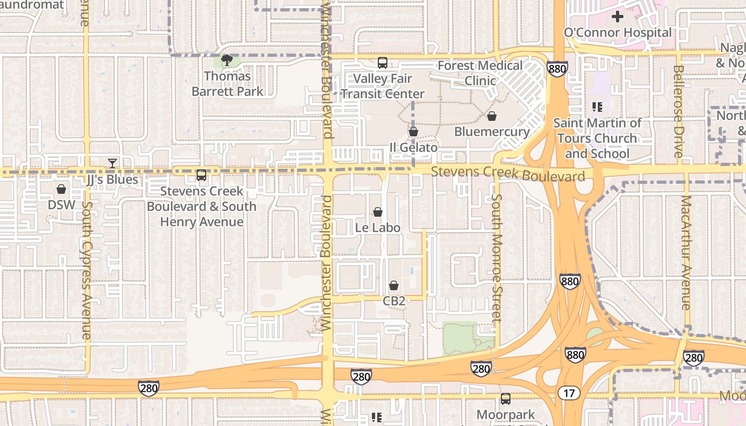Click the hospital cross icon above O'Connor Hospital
click(617, 17)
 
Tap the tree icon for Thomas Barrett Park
click(227, 60)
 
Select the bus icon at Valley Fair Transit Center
click(382, 63)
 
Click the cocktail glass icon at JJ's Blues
click(112, 163)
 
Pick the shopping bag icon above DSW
click(61, 189)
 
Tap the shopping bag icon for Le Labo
click(378, 212)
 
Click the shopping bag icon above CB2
click(394, 286)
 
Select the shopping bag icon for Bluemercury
click(492, 116)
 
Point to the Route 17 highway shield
click(569, 393)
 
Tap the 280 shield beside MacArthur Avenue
click(693, 357)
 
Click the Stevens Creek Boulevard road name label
click(508, 174)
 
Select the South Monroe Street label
click(497, 258)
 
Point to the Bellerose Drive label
click(678, 111)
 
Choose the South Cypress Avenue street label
click(86, 271)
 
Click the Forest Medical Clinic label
click(480, 73)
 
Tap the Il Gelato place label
click(413, 148)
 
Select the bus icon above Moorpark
click(505, 398)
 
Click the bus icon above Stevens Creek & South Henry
click(201, 175)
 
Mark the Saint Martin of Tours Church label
click(597, 138)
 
